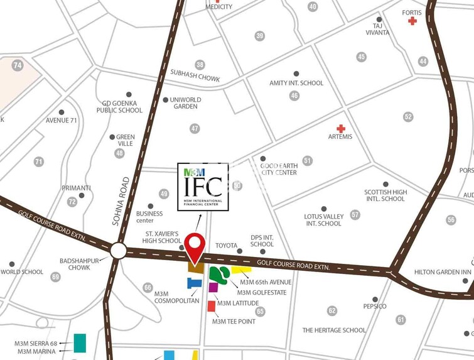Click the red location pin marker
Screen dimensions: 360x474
(x=195, y=245)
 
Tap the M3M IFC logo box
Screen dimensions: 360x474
(x=203, y=187)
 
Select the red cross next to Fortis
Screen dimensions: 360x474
(x=412, y=21)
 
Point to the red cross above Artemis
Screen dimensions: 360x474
(x=341, y=128)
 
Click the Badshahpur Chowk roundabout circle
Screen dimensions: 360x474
(x=118, y=251)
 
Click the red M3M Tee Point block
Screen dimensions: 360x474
(x=212, y=306)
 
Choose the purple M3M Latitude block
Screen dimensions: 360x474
(x=213, y=287)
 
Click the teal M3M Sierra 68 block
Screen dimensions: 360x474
(x=80, y=343)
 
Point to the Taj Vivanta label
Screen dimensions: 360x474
(x=381, y=30)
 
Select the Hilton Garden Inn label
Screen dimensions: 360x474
(x=443, y=272)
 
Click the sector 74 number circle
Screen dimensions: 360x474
(x=17, y=65)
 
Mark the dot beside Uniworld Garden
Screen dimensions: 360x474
(x=165, y=99)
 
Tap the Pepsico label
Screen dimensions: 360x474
(x=375, y=306)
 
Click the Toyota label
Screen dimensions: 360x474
(x=226, y=245)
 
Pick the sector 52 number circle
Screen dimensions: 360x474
(x=409, y=116)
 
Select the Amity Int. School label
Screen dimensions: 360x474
(x=296, y=83)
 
